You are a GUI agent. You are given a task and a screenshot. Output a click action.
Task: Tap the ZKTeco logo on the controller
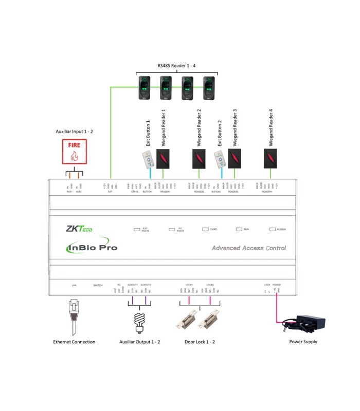click(80, 229)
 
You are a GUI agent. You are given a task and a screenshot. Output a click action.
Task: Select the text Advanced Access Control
click(249, 248)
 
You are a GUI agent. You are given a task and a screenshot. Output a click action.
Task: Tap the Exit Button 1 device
click(148, 160)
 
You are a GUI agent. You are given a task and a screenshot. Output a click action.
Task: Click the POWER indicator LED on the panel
click(273, 229)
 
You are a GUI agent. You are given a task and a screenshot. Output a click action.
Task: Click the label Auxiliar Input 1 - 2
click(75, 132)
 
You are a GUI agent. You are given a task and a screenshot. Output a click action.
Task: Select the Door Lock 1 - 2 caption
click(200, 342)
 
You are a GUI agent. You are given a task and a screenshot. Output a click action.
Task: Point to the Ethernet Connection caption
click(74, 342)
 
